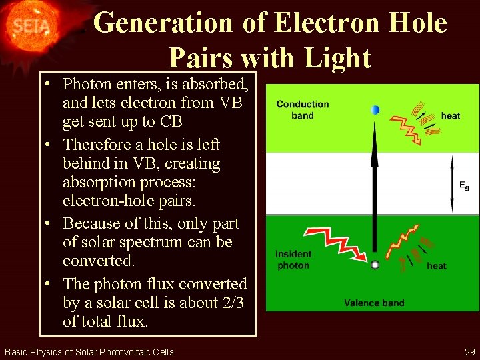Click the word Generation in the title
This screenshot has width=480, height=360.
coord(163,23)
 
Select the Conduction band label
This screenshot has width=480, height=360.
coord(303,109)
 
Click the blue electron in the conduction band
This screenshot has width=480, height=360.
coord(375,110)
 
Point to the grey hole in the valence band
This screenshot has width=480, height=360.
coord(375,265)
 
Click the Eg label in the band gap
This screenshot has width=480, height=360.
coord(464,186)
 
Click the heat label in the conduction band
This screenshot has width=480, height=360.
coord(451,116)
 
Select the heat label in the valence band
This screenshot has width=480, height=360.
coord(437,266)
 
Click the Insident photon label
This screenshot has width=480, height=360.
coord(293,260)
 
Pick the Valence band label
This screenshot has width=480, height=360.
coord(374,303)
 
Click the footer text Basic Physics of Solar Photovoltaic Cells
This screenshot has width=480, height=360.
coord(89,351)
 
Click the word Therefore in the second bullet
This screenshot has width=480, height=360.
coord(101,145)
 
